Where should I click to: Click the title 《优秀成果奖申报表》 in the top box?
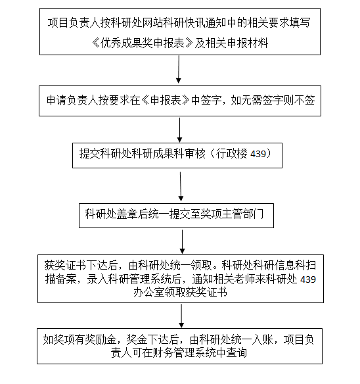pyautogui.click(x=143, y=43)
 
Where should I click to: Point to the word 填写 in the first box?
pyautogui.click(x=300, y=23)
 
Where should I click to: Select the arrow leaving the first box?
pyautogui.click(x=179, y=69)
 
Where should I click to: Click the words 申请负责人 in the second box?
pyautogui.click(x=72, y=101)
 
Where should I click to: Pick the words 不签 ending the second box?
pyautogui.click(x=304, y=101)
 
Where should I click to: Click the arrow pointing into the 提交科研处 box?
pyautogui.click(x=179, y=130)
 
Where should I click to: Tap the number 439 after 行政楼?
pyautogui.click(x=258, y=154)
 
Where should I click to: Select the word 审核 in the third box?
pyautogui.click(x=195, y=154)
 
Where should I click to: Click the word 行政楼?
pyautogui.click(x=231, y=154)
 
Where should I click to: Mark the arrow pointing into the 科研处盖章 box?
pyautogui.click(x=181, y=187)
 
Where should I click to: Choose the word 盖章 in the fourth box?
pyautogui.click(x=127, y=214)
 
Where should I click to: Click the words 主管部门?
pyautogui.click(x=242, y=214)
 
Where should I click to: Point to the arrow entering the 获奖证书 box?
pyautogui.click(x=183, y=242)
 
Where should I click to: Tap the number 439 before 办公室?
pyautogui.click(x=308, y=279)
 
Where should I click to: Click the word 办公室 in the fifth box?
pyautogui.click(x=149, y=293)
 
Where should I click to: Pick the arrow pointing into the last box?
pyautogui.click(x=181, y=316)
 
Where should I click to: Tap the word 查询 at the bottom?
pyautogui.click(x=236, y=353)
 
